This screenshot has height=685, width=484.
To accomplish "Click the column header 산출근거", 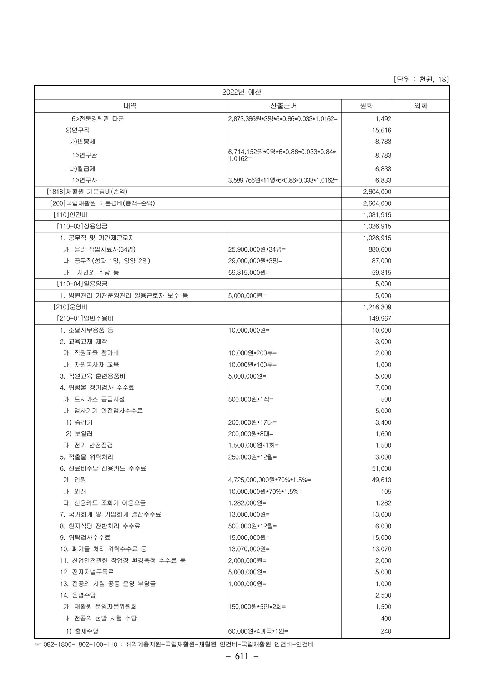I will tap(283, 106).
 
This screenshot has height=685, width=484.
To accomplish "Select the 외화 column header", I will tap(420, 106).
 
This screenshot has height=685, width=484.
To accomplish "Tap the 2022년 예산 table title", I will tap(242, 92).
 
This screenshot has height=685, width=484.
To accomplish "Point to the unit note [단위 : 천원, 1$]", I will tap(421, 79).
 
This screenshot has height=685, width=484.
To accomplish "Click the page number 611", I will tap(242, 666).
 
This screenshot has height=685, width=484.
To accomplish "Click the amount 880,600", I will tap(380, 249).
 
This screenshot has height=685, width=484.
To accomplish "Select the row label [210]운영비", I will tap(70, 307).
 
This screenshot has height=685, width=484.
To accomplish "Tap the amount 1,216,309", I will tap(377, 307).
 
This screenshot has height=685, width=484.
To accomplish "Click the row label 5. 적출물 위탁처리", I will tap(87, 457).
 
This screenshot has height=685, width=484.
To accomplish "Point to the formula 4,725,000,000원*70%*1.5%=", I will tap(269, 480).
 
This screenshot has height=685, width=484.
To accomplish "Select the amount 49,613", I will tap(382, 480).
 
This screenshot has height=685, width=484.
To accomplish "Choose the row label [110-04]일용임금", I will tap(82, 284).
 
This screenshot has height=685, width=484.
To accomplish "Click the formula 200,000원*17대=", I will tap(252, 422).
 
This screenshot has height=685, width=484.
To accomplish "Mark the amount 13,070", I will tap(382, 549).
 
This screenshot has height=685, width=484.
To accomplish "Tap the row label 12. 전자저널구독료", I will tap(87, 572).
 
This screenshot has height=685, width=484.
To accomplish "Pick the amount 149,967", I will tap(380, 319).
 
